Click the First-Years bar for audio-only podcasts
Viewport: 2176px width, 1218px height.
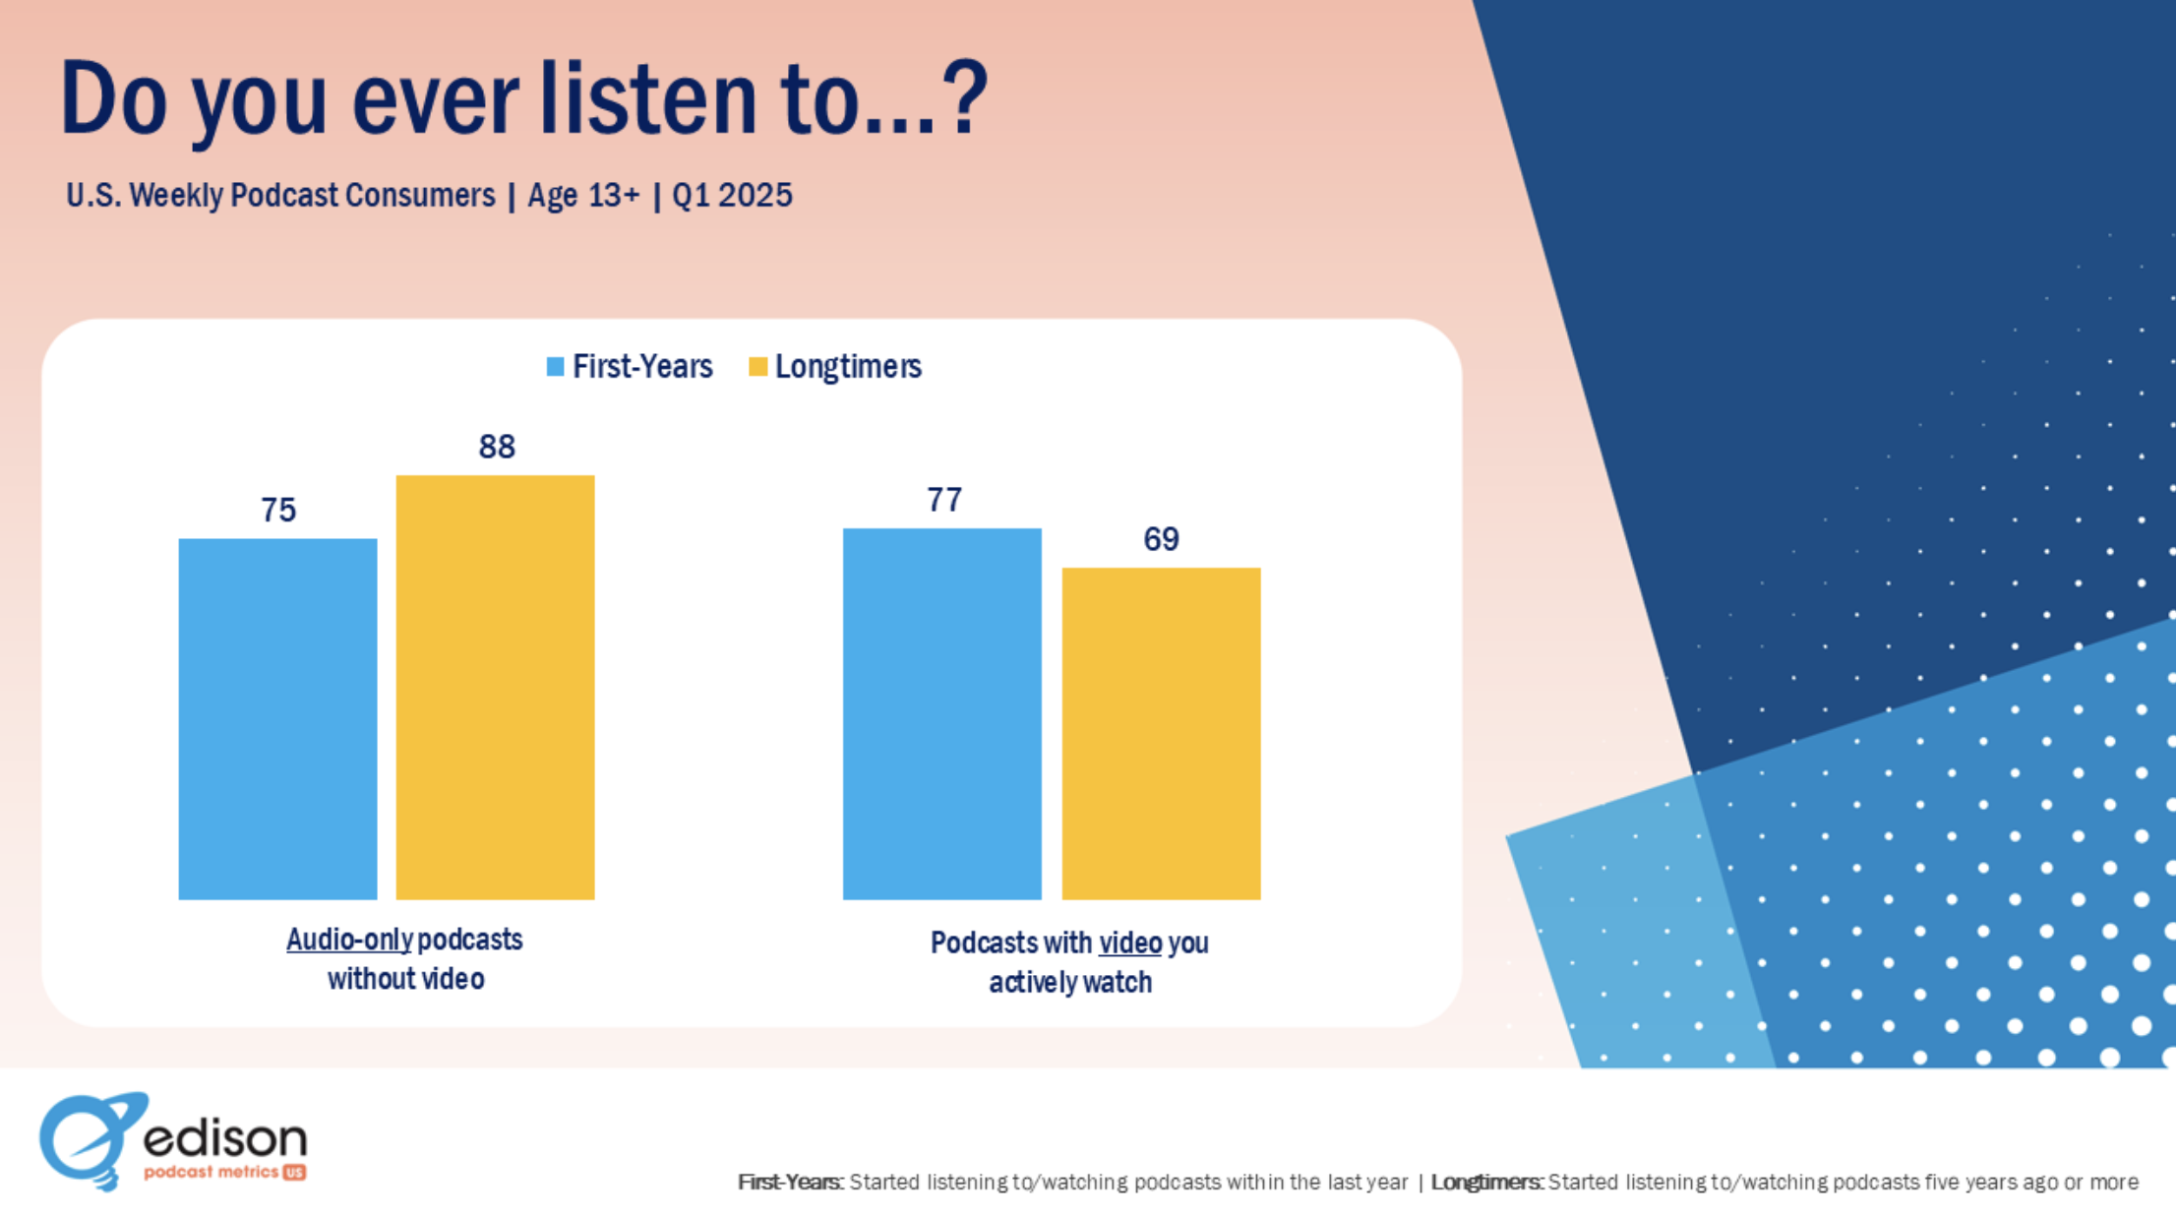point(277,718)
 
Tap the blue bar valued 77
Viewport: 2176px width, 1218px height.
point(941,713)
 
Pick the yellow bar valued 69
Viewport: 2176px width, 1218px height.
point(1161,733)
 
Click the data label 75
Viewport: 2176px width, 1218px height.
point(277,510)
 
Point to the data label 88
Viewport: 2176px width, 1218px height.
point(497,447)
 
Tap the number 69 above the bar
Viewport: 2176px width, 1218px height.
point(1161,539)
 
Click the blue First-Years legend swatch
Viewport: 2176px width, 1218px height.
point(555,367)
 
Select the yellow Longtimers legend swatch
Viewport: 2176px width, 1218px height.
point(757,367)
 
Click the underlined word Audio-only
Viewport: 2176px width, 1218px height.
point(349,940)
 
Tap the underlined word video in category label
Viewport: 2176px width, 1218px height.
point(1130,943)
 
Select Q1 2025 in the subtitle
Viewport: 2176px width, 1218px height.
point(732,195)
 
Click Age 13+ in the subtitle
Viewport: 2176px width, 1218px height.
point(583,195)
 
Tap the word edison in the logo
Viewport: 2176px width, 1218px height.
point(225,1139)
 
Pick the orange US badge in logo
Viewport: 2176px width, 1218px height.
point(294,1172)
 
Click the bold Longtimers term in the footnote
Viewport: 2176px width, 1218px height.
point(1485,1182)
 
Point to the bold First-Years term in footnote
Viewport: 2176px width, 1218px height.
point(790,1182)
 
